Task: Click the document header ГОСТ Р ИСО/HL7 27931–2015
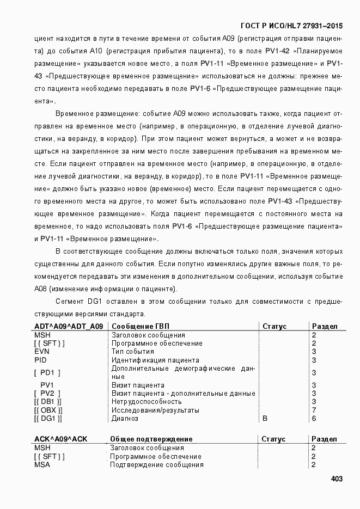click(x=291, y=26)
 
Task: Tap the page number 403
click(x=336, y=479)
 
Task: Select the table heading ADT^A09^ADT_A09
click(x=68, y=326)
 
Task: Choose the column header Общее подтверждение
click(x=151, y=439)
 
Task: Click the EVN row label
click(x=42, y=351)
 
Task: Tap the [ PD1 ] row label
click(x=47, y=372)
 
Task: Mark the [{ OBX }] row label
click(x=48, y=410)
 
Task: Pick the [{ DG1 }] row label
click(x=48, y=418)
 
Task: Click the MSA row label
click(x=42, y=464)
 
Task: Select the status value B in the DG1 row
click(x=265, y=418)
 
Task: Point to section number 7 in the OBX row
click(x=314, y=410)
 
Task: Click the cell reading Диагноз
click(x=125, y=418)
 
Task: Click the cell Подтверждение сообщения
click(x=157, y=464)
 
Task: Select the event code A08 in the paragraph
click(x=41, y=289)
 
